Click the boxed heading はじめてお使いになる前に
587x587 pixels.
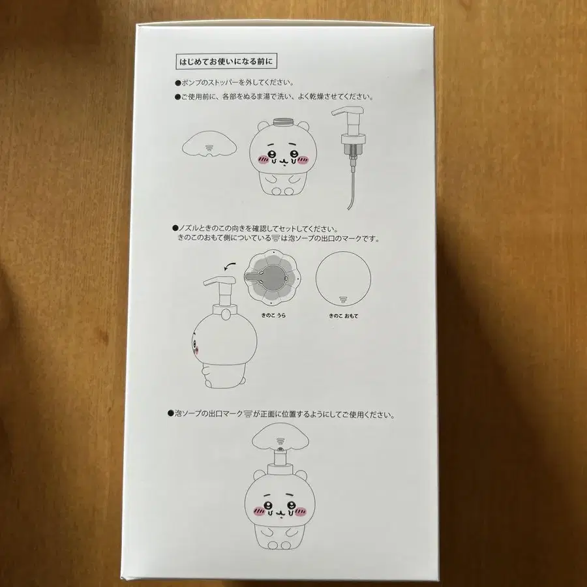(x=226, y=61)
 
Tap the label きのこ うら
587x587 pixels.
(x=273, y=315)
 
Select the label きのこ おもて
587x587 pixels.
(x=343, y=316)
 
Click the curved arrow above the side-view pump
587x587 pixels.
(x=230, y=265)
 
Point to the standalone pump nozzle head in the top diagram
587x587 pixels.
(x=348, y=112)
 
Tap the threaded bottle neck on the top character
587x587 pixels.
(x=284, y=123)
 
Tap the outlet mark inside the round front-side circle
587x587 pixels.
(x=343, y=299)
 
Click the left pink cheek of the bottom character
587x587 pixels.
(x=259, y=511)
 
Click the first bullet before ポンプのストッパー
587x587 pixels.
(x=177, y=83)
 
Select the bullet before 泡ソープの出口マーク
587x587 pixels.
(x=170, y=414)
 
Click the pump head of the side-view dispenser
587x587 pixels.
(x=219, y=282)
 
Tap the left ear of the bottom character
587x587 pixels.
(x=258, y=475)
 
